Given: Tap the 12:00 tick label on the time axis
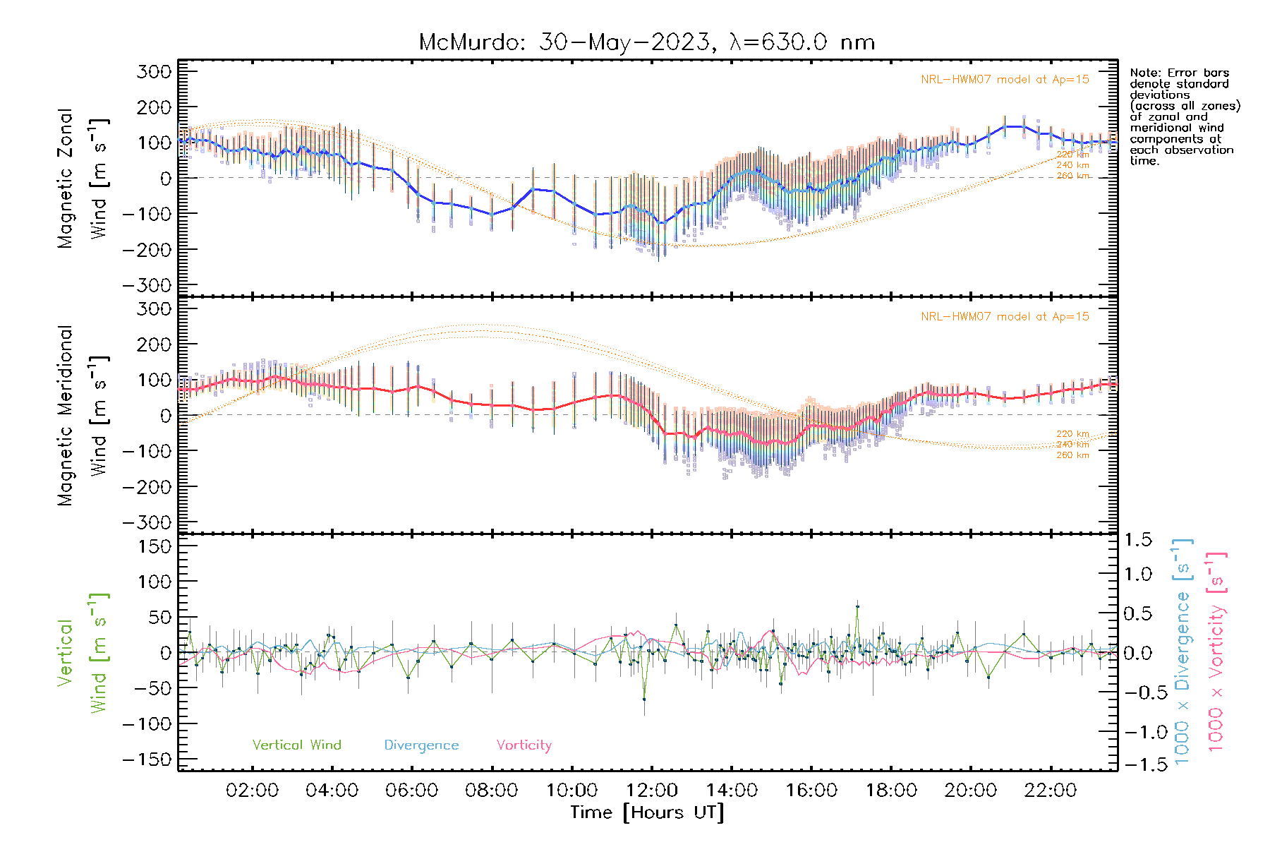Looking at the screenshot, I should (x=651, y=791).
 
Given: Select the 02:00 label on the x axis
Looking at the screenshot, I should (x=252, y=791).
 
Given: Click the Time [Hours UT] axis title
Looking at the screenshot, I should (x=646, y=812).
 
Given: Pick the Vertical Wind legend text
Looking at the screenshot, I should (x=296, y=745).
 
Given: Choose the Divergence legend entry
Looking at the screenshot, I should (x=421, y=745).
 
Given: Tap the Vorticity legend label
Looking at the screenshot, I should (x=524, y=745).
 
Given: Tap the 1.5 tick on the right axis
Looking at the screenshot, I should (x=1137, y=540).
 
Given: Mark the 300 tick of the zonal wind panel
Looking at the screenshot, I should (x=154, y=71).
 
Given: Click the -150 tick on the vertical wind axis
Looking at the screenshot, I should (x=147, y=759).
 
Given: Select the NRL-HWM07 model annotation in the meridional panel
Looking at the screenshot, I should (x=1005, y=316).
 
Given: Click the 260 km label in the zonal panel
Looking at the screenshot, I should (x=1072, y=176).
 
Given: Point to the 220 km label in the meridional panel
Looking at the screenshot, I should (x=1072, y=434).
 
